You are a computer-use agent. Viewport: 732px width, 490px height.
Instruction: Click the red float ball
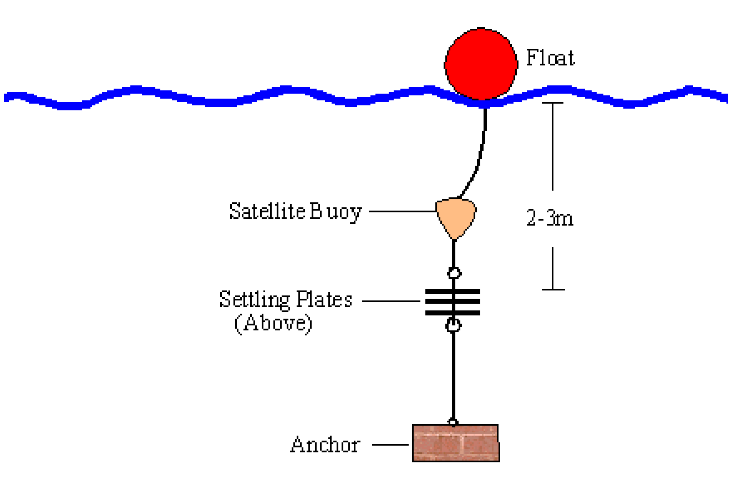point(481,64)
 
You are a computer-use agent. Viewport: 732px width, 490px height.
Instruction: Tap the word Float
point(550,58)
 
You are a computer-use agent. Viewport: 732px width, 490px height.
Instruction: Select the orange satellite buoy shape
point(456,218)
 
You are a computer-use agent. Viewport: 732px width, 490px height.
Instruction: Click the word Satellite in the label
point(267,211)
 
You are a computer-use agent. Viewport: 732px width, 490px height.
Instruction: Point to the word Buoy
point(335,212)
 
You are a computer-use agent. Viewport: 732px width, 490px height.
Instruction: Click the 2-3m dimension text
point(550,218)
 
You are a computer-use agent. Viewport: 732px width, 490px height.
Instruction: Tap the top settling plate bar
point(453,292)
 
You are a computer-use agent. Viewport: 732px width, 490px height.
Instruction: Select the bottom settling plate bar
point(453,313)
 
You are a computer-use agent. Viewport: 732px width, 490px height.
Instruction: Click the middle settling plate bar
point(453,302)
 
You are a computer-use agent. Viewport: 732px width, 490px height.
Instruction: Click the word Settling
point(255,300)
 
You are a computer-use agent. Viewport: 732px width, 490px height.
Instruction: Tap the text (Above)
point(273,324)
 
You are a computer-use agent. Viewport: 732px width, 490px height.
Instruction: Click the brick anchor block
point(456,443)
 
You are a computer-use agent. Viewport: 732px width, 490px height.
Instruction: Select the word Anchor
point(325,445)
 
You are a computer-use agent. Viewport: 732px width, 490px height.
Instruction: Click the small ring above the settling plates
point(454,273)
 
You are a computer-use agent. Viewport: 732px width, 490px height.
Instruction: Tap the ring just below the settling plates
point(454,325)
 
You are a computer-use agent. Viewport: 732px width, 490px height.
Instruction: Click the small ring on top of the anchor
point(453,422)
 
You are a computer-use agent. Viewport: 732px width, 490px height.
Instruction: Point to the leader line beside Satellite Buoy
point(403,211)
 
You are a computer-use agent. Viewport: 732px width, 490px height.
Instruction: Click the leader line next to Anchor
point(390,445)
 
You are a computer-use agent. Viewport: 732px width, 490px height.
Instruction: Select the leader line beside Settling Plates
point(391,301)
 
